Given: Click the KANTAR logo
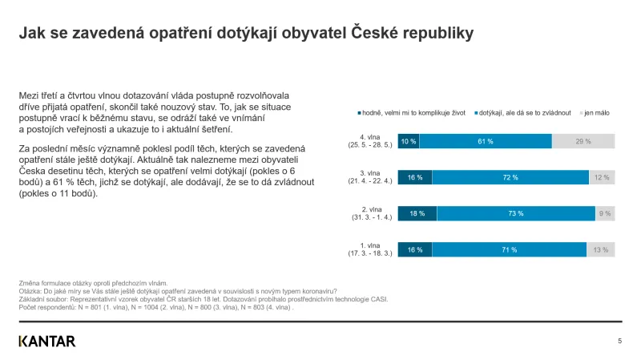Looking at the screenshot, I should click(47, 341).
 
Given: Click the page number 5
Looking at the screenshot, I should click(619, 341).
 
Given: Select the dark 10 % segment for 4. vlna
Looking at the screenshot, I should click(409, 142).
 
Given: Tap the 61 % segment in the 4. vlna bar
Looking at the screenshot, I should click(486, 142).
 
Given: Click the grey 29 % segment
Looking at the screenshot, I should click(583, 142).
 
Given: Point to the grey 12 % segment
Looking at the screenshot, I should click(602, 177).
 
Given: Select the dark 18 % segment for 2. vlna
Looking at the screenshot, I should click(417, 213).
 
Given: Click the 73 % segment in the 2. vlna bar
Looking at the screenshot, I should click(516, 213).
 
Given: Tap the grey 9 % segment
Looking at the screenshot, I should click(605, 213).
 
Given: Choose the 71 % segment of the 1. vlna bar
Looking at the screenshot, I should click(509, 250).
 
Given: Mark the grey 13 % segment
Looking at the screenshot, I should click(601, 250).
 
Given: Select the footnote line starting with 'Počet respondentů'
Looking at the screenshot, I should click(156, 307).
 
